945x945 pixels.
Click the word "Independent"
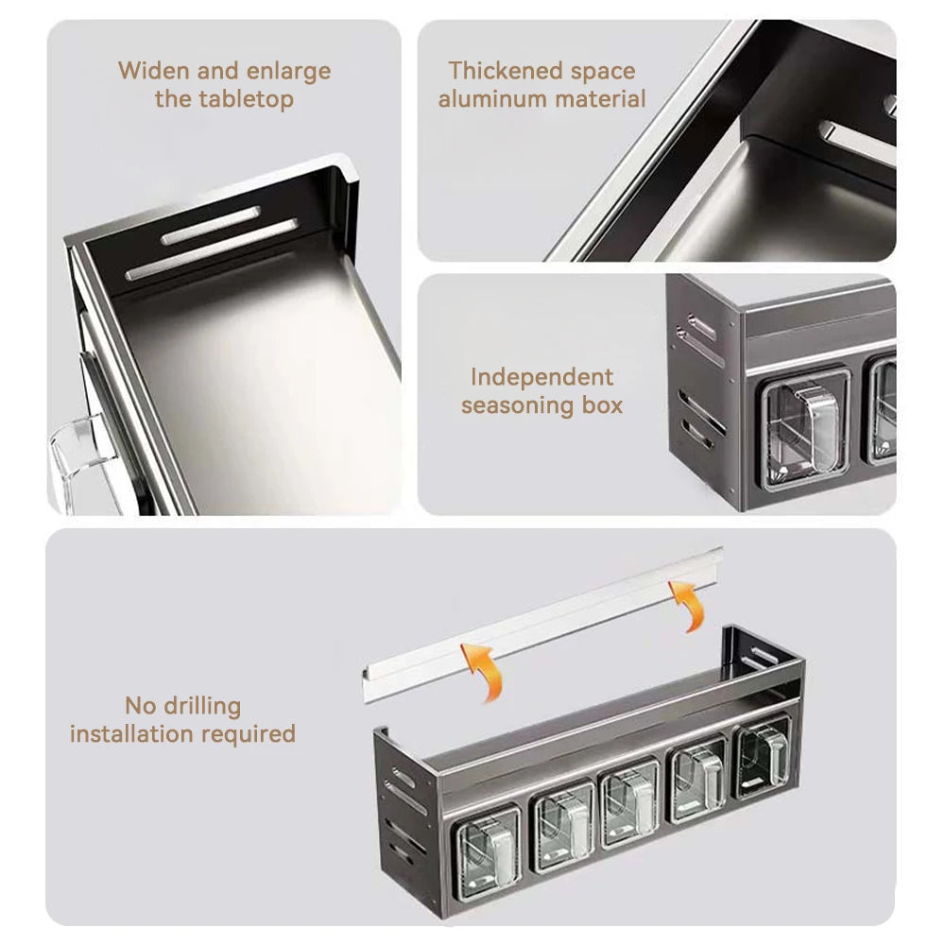(542, 377)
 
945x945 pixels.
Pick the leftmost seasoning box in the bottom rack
(488, 843)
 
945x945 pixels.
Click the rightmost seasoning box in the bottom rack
(765, 756)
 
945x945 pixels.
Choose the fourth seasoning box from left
(697, 781)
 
